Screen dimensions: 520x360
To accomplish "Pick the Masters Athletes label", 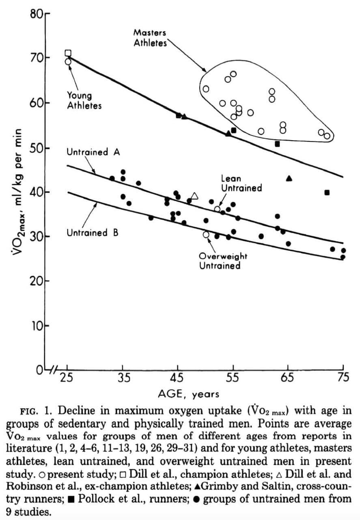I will [150, 38].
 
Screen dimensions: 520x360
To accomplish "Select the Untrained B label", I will [93, 233].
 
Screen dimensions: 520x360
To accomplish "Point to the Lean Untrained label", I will [241, 183].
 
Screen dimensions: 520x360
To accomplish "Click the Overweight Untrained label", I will [223, 261].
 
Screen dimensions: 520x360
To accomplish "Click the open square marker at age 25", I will [68, 53].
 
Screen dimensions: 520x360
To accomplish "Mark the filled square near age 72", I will [327, 193].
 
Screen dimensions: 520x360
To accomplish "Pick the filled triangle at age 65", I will [289, 178].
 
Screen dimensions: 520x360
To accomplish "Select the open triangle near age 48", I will [194, 196].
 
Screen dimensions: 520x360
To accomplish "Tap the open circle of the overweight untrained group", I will [206, 234].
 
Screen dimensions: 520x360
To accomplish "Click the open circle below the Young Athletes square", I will [68, 62].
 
